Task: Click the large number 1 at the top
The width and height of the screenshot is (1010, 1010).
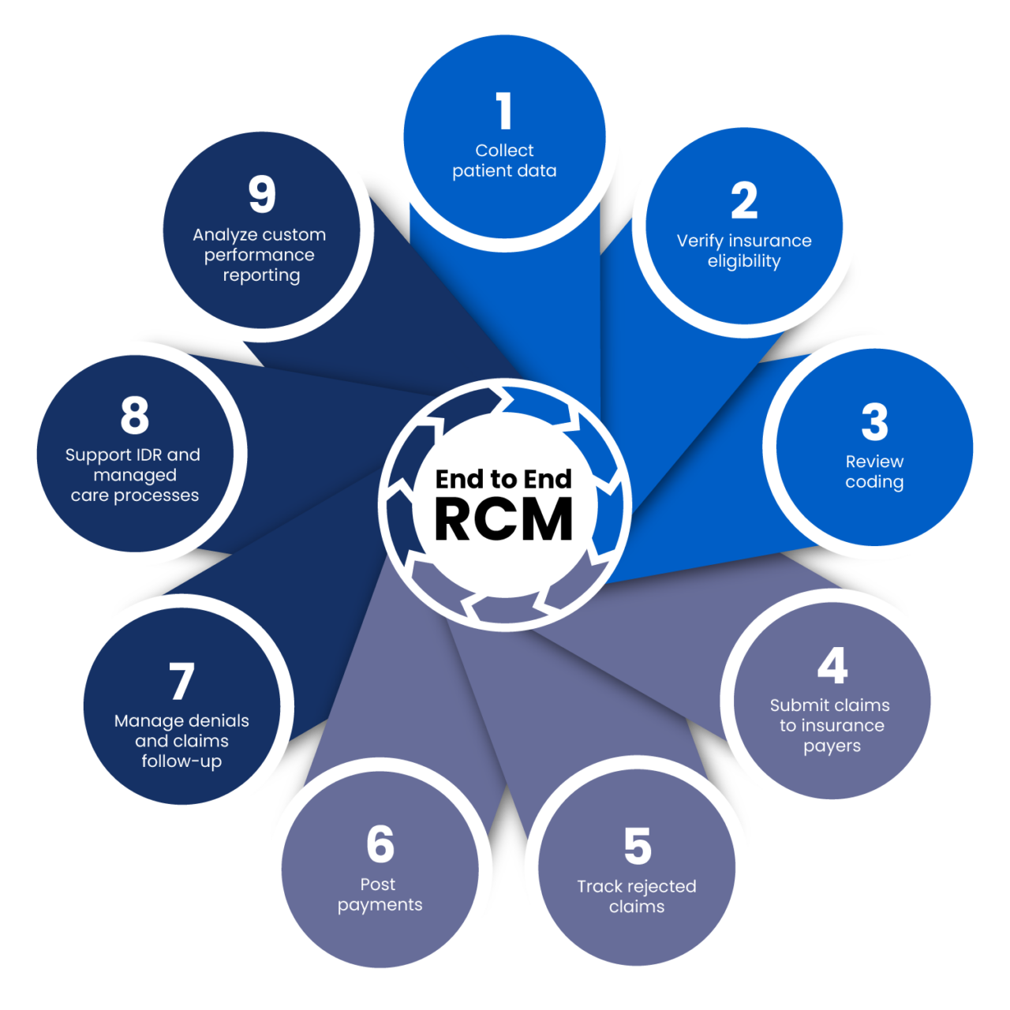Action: click(504, 111)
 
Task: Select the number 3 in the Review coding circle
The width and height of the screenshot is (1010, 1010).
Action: click(874, 422)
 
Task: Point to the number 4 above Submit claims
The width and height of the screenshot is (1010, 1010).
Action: click(832, 666)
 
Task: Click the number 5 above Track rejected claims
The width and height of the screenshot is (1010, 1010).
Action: click(638, 846)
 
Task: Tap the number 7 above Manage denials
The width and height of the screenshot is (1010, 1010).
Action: click(181, 682)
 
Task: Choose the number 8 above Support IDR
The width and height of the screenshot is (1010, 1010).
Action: click(135, 415)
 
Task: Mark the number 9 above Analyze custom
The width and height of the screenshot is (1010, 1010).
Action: click(262, 194)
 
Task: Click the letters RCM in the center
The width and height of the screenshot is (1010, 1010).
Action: click(503, 520)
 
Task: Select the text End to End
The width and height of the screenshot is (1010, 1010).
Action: click(503, 479)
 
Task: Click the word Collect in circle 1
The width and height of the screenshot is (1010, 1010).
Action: click(504, 150)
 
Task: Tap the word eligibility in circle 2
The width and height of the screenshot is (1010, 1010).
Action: click(744, 261)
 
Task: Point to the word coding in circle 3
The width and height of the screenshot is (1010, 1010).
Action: click(874, 482)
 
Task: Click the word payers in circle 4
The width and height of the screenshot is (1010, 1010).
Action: click(832, 746)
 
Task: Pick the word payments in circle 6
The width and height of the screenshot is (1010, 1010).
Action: click(380, 905)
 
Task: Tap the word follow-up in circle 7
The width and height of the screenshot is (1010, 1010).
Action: click(181, 761)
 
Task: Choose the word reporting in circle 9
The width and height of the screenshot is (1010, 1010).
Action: click(261, 275)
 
